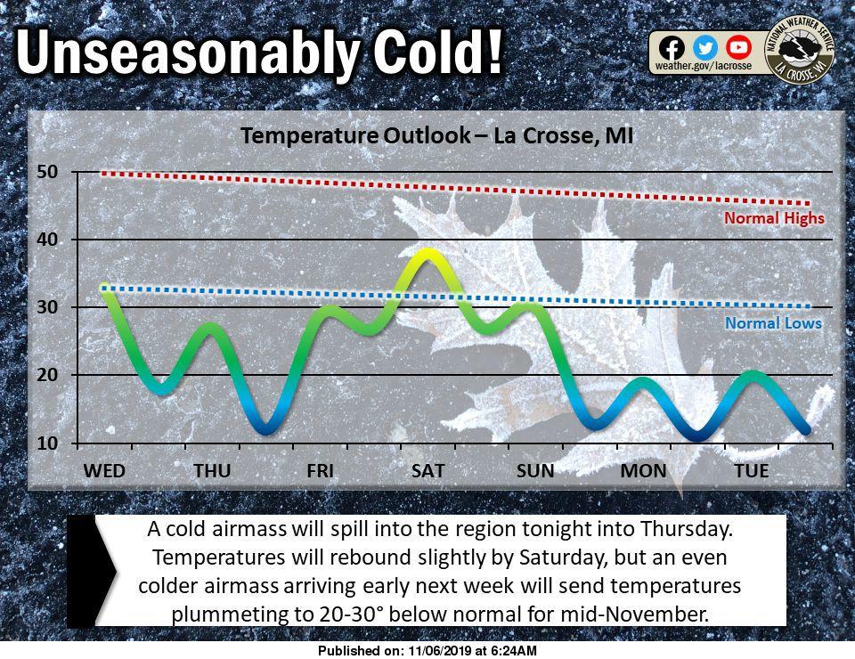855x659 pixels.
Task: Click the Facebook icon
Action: [x=672, y=48]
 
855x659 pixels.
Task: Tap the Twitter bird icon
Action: [x=705, y=48]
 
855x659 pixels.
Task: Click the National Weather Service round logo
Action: [x=800, y=50]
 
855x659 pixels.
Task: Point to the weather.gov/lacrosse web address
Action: [x=704, y=66]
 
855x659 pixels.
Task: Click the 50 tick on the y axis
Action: [x=47, y=172]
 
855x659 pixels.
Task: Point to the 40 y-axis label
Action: [x=47, y=240]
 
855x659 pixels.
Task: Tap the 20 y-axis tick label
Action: [x=47, y=375]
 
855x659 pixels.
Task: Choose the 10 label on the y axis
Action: [x=47, y=443]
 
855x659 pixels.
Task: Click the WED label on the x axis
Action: [x=104, y=470]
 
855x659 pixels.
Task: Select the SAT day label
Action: [x=427, y=470]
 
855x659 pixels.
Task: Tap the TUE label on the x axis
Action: [x=752, y=470]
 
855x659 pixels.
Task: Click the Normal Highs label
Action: [x=774, y=218]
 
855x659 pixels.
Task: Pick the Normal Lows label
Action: [x=773, y=323]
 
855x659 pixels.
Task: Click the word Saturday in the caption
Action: [x=563, y=557]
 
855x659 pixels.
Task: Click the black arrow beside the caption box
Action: [x=91, y=571]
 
